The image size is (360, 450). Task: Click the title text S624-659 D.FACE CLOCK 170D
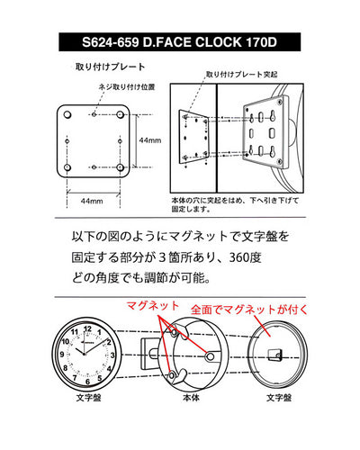[180, 41]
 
